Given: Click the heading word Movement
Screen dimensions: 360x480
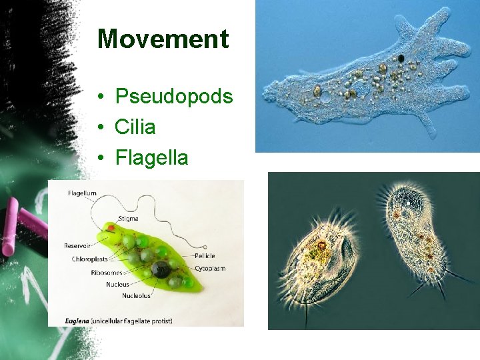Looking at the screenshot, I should [163, 39].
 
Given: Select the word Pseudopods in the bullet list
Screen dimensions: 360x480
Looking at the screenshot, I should [173, 97].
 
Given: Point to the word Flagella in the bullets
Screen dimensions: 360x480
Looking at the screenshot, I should [151, 158].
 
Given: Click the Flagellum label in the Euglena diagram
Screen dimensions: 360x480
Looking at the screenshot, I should [82, 193].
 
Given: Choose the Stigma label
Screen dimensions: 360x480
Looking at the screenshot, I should [128, 218].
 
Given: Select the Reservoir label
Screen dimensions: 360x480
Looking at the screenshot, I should [78, 245].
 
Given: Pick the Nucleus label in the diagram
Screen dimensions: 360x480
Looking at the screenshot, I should [117, 284].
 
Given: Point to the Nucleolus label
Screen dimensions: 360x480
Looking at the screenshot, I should [136, 295].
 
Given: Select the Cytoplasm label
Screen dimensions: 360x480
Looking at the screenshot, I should [209, 269].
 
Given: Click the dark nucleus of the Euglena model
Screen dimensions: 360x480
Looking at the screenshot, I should [159, 269].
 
